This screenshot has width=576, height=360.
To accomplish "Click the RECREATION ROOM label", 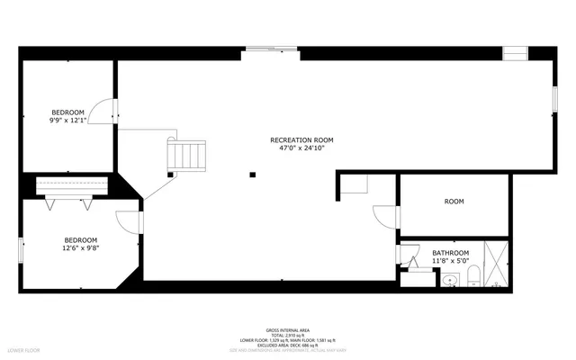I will point(301,139).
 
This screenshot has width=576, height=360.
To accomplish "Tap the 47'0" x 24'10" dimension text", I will point(301,148).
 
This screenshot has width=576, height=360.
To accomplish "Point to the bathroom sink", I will point(449,281).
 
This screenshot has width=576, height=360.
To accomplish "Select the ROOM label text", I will point(454,202).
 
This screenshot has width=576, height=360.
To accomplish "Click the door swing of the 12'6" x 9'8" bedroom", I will point(127,221).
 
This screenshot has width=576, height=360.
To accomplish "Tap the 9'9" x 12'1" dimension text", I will point(68,121).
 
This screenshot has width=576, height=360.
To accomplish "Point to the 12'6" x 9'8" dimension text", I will point(80,248).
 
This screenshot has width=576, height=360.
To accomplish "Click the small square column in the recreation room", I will point(253,175).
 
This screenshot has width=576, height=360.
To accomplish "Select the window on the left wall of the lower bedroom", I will point(22,248).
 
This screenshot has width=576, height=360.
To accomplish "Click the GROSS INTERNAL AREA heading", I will point(287,330).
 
